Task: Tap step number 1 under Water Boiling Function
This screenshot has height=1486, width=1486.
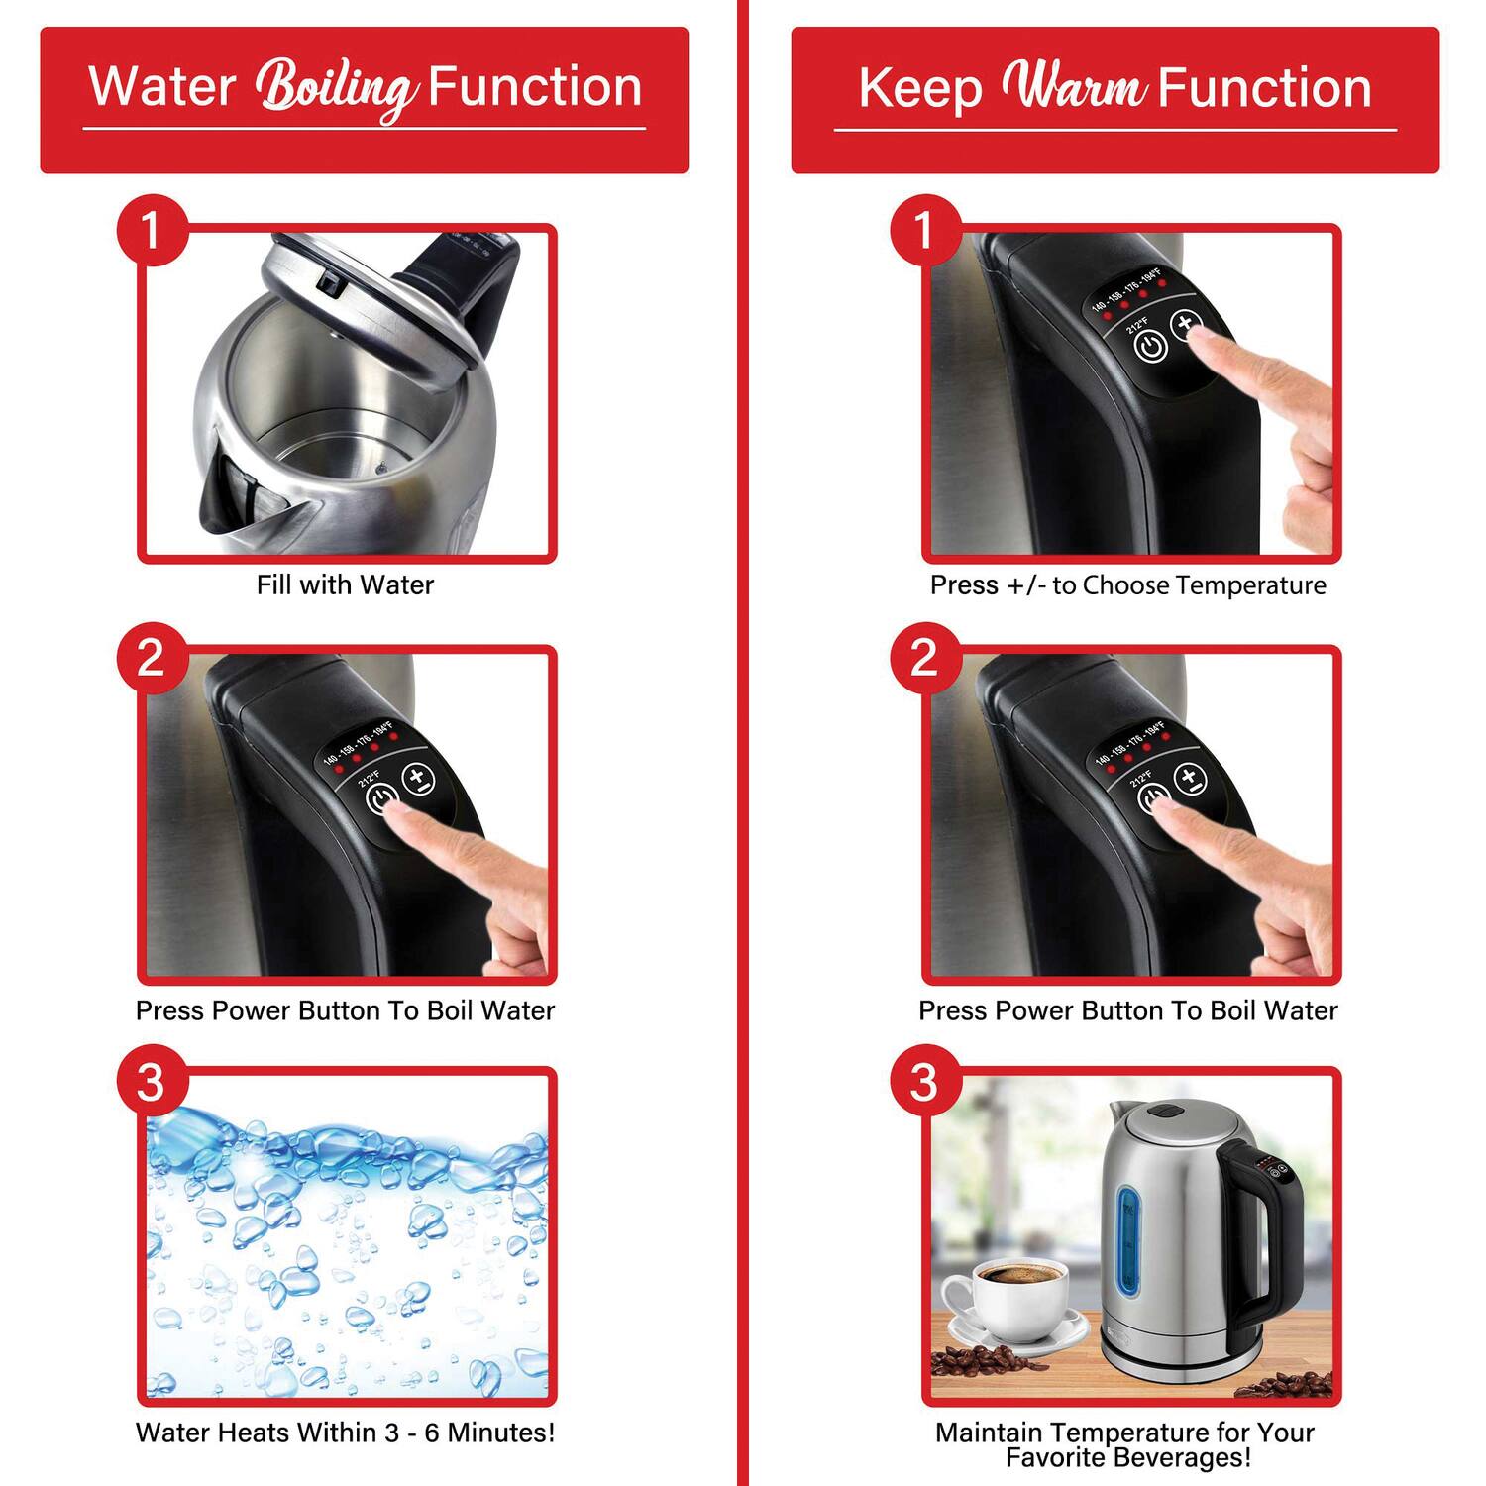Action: pyautogui.click(x=152, y=231)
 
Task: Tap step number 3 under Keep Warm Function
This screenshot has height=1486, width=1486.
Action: pyautogui.click(x=924, y=1081)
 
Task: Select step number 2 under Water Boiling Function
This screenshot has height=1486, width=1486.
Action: pyautogui.click(x=152, y=657)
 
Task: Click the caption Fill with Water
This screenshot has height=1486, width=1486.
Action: pyautogui.click(x=345, y=585)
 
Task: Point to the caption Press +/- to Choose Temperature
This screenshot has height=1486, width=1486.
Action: pyautogui.click(x=1127, y=585)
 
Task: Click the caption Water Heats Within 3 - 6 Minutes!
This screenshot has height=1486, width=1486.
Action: pyautogui.click(x=345, y=1433)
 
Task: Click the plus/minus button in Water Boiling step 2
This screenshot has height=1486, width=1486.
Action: pyautogui.click(x=419, y=779)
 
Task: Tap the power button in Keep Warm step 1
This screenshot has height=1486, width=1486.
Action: pyautogui.click(x=1150, y=347)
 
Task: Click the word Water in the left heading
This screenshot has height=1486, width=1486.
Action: pyautogui.click(x=161, y=87)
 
